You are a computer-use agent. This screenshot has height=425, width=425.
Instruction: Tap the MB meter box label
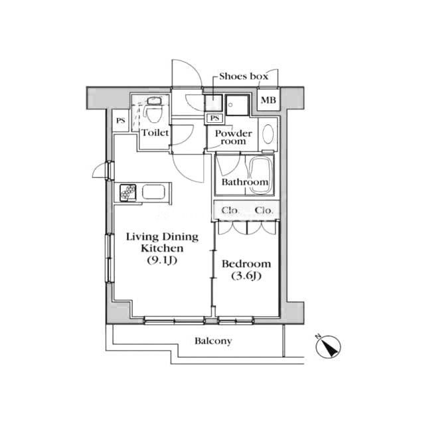pos(268,100)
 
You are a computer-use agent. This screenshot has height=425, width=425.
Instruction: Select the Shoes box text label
pos(244,76)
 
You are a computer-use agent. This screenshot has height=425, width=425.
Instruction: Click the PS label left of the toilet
pos(121,121)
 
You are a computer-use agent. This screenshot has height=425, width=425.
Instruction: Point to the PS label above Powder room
pos(214,118)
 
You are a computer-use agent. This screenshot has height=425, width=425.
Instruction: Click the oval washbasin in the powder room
pos(268,134)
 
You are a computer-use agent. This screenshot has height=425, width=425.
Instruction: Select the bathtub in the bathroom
pos(260,175)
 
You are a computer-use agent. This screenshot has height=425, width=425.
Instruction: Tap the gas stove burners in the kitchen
pos(128,192)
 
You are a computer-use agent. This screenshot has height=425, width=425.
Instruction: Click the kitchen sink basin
pos(153,192)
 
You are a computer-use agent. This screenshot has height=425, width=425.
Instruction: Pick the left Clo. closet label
pos(230,211)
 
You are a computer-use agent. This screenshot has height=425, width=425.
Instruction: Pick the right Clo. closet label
pos(264,211)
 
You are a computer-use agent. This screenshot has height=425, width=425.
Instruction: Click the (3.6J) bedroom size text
pos(246,276)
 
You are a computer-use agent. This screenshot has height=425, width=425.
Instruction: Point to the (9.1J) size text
pos(162,260)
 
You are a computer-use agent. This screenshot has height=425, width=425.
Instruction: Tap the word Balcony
pos(213,341)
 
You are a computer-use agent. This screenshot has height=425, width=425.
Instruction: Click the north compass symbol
pos(328,347)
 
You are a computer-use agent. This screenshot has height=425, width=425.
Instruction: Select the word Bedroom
pos(246,264)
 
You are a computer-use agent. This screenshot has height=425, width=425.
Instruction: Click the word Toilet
pos(155,133)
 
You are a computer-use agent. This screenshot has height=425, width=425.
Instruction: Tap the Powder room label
pos(233,137)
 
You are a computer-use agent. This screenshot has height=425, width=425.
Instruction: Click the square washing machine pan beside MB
pos(238,105)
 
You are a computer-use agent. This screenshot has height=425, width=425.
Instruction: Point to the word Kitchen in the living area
pos(162,248)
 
